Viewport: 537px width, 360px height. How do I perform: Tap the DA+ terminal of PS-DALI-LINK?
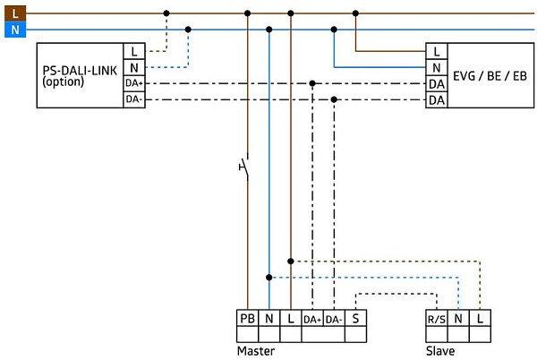coord(133,83)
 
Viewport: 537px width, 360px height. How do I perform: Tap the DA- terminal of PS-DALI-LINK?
coord(133,99)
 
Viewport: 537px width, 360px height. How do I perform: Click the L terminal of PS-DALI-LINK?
coord(133,52)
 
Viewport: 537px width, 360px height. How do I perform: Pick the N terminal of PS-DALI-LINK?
coord(133,67)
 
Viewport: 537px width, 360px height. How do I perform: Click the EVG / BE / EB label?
coord(490,75)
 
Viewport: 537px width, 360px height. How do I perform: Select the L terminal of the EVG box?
coord(437,52)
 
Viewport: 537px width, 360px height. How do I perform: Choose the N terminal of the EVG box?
coord(437,67)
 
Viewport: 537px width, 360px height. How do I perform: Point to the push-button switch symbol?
coord(243,167)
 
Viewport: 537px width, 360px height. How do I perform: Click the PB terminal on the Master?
coord(247,319)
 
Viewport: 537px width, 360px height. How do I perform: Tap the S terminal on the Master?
coord(356,319)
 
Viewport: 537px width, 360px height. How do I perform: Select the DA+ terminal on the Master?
coord(312,319)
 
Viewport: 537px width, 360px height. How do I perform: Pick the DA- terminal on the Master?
coord(334,319)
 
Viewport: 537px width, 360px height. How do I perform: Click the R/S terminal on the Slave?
coord(437,319)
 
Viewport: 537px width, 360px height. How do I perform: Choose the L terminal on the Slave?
coord(481,319)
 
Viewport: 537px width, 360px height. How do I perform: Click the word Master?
coord(256,350)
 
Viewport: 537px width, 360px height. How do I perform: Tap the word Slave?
coord(440,350)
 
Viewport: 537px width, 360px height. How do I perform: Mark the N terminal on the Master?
coord(268,319)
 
